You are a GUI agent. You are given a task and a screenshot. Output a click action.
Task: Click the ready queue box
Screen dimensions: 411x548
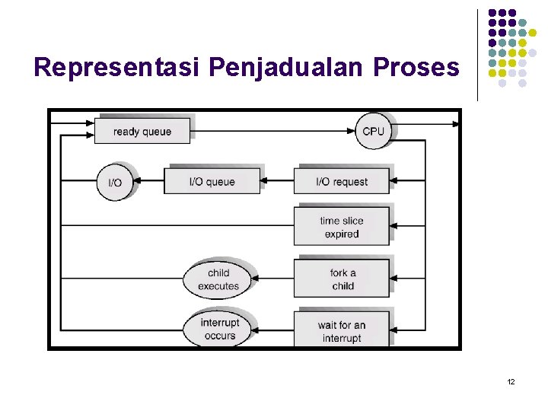tap(142, 132)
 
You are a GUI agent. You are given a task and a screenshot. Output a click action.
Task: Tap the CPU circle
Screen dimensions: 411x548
tap(373, 132)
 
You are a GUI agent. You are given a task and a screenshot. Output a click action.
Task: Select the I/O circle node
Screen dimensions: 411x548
tap(115, 182)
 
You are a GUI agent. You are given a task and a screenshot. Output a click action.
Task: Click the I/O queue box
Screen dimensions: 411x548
tap(212, 182)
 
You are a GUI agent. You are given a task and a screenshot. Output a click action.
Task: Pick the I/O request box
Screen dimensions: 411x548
tap(342, 182)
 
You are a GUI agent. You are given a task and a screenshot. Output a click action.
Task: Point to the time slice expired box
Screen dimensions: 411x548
tap(342, 227)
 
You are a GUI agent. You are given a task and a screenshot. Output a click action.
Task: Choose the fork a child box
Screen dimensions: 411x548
tap(342, 279)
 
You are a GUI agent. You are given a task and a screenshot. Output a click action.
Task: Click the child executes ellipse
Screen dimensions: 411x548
tap(218, 279)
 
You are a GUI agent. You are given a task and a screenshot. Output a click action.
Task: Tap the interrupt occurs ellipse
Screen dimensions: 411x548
tap(219, 329)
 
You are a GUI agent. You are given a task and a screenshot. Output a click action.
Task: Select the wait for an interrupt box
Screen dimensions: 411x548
tap(342, 331)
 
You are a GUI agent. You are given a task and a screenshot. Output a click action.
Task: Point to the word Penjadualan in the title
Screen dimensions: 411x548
tap(287, 68)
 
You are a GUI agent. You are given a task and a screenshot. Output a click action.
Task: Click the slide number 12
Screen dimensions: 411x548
tap(511, 381)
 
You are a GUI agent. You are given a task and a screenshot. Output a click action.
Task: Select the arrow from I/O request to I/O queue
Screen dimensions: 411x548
tap(277, 182)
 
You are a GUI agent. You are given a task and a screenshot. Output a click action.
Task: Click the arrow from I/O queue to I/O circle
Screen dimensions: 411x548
tap(148, 182)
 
